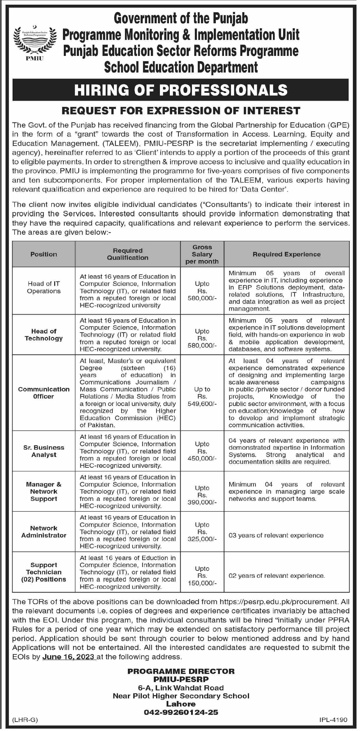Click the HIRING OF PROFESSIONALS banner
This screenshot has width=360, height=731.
(x=181, y=90)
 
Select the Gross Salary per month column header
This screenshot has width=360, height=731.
(x=202, y=254)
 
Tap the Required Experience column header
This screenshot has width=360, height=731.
(x=286, y=254)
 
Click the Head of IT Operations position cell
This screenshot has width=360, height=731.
(x=44, y=287)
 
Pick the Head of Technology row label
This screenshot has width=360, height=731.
(x=44, y=335)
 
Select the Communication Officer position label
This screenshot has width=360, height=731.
(x=44, y=393)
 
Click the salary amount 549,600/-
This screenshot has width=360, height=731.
(x=202, y=404)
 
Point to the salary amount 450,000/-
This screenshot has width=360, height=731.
(x=202, y=458)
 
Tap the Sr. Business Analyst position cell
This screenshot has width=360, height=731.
(x=44, y=451)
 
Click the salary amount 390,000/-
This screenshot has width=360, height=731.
(x=202, y=502)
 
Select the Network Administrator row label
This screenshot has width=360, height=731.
(x=44, y=532)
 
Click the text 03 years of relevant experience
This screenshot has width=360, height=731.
(x=276, y=535)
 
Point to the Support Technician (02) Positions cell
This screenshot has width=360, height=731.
(x=44, y=572)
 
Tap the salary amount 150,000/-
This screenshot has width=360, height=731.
(x=202, y=583)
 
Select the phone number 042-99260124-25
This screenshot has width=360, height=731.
(x=181, y=710)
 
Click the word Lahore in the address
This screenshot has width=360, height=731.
(x=181, y=702)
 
